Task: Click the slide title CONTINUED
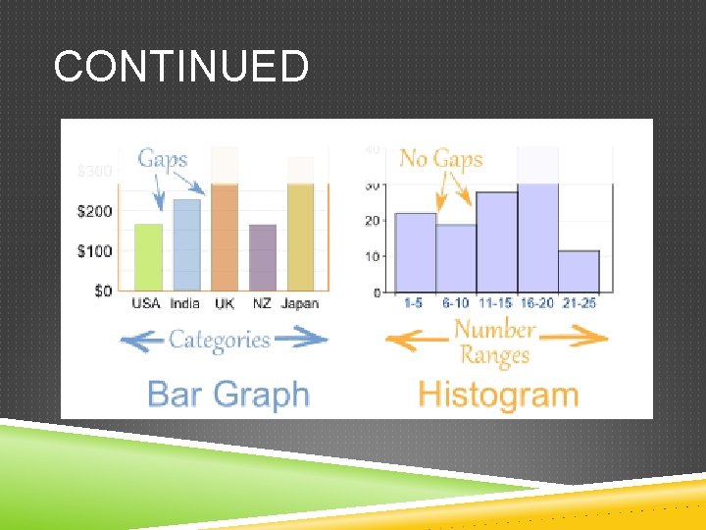[x=181, y=67]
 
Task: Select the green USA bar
[x=148, y=257]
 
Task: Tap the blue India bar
[x=186, y=245]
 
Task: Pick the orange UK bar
[x=225, y=236]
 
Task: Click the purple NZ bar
[x=263, y=257]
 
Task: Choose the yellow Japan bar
[x=300, y=236]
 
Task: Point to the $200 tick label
[x=95, y=211]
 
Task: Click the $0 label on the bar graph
[x=102, y=291]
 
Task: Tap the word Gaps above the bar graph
[x=163, y=159]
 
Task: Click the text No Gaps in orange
[x=440, y=159]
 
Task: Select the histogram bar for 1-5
[x=415, y=253]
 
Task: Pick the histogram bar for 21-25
[x=579, y=272]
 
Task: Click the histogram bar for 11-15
[x=497, y=242]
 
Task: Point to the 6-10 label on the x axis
[x=455, y=303]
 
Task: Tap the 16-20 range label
[x=537, y=303]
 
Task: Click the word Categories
[x=219, y=340]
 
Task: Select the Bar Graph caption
[x=227, y=395]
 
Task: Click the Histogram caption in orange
[x=498, y=395]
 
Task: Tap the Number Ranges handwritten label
[x=495, y=342]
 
